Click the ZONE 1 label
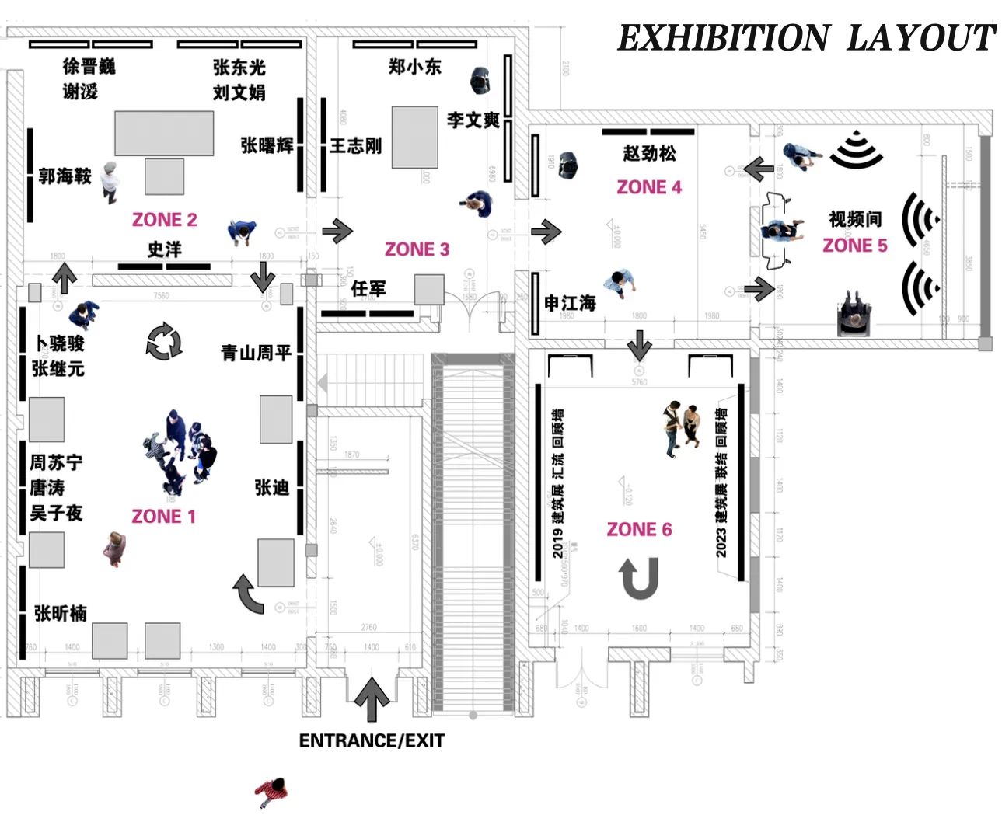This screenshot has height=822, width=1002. click(164, 517)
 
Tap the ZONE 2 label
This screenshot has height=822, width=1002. click(164, 220)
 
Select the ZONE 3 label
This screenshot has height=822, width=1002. click(417, 249)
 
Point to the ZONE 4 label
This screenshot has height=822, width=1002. click(649, 187)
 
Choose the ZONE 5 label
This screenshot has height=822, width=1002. click(854, 246)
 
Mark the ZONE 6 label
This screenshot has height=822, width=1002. click(639, 530)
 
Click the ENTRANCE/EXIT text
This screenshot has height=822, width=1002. click(372, 741)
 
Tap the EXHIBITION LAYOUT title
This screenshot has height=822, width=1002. click(805, 38)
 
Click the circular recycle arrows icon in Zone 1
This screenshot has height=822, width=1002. click(164, 342)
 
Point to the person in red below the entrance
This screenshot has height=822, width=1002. click(271, 792)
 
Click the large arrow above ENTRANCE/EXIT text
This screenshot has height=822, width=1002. click(372, 698)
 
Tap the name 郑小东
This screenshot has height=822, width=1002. click(414, 68)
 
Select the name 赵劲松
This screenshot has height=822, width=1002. click(649, 154)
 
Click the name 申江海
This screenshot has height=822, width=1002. click(570, 303)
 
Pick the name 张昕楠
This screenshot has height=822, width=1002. click(61, 614)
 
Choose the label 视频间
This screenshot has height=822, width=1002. click(855, 219)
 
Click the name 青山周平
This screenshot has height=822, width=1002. click(256, 354)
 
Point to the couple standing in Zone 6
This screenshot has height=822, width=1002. click(680, 428)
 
